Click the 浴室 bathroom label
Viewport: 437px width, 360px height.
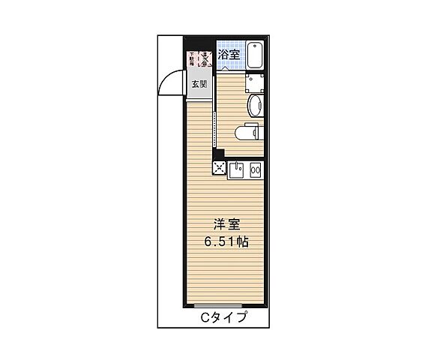[229, 53]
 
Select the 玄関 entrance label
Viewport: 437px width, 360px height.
[199, 84]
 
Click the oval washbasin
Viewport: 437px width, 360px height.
[255, 104]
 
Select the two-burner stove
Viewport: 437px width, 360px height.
[256, 170]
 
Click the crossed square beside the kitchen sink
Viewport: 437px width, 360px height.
[220, 168]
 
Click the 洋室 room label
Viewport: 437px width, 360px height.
[225, 224]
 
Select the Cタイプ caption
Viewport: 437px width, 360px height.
[223, 317]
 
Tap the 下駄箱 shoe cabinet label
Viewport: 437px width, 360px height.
[191, 58]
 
